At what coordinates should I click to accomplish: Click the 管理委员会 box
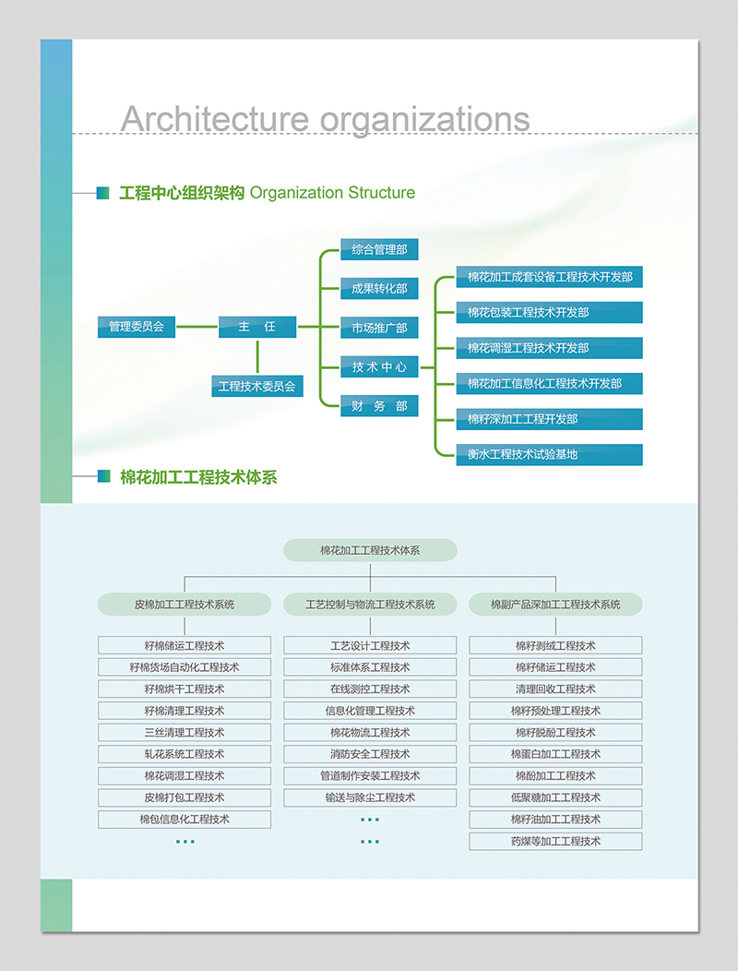tap(136, 327)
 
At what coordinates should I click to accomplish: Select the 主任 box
tap(257, 327)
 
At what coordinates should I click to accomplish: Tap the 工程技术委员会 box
tap(257, 386)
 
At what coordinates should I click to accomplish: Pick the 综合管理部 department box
tap(379, 249)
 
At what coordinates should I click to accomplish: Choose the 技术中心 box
tap(379, 366)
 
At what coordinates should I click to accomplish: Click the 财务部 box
tap(379, 406)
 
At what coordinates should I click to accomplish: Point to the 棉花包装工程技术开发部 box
tap(549, 312)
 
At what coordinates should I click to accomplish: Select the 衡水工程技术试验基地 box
tap(549, 454)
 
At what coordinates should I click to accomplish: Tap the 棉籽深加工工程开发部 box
tap(549, 419)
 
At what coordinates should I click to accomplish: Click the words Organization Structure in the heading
tap(332, 193)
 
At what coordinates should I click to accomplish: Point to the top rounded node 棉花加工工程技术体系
tap(370, 550)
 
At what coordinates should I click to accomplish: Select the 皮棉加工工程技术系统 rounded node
tap(184, 605)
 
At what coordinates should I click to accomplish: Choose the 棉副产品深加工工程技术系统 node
tap(555, 605)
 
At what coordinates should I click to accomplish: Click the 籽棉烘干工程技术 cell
tap(184, 689)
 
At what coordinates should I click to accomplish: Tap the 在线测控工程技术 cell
tap(370, 689)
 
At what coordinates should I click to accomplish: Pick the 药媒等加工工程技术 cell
tap(555, 841)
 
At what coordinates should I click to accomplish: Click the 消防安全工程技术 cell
tap(370, 754)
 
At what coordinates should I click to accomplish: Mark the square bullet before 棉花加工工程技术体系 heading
tap(103, 476)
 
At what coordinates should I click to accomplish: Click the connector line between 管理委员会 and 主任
tap(196, 327)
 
